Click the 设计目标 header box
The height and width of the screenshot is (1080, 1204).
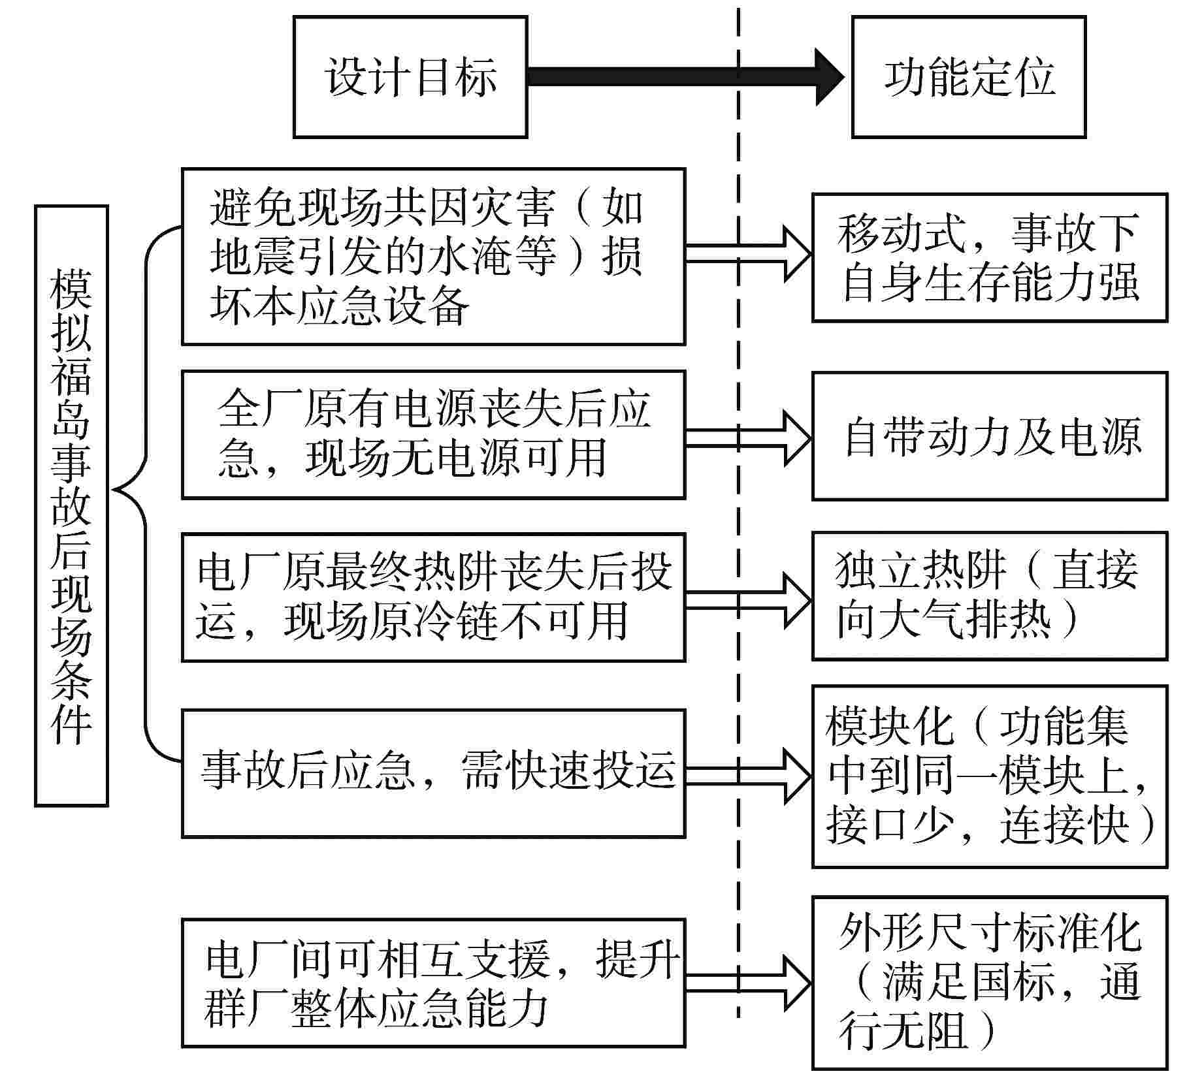click(x=410, y=77)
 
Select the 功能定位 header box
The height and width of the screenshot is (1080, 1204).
click(x=968, y=77)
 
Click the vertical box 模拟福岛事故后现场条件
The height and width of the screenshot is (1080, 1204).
click(x=71, y=506)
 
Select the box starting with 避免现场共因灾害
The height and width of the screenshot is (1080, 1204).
click(x=433, y=257)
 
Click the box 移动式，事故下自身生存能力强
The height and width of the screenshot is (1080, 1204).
click(x=989, y=257)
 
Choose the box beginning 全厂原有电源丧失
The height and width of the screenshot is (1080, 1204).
click(x=433, y=435)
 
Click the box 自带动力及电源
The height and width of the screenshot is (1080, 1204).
click(x=989, y=436)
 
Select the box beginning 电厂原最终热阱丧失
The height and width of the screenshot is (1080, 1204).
click(x=433, y=597)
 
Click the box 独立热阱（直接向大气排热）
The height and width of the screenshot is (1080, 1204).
click(x=989, y=596)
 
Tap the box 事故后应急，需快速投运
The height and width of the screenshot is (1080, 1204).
click(x=433, y=773)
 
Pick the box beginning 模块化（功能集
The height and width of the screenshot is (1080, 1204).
click(x=989, y=776)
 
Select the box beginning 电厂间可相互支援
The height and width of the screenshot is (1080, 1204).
click(x=433, y=983)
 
